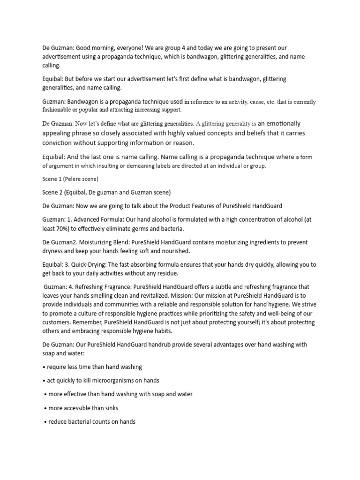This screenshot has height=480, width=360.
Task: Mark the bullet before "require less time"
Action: [44, 367]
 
